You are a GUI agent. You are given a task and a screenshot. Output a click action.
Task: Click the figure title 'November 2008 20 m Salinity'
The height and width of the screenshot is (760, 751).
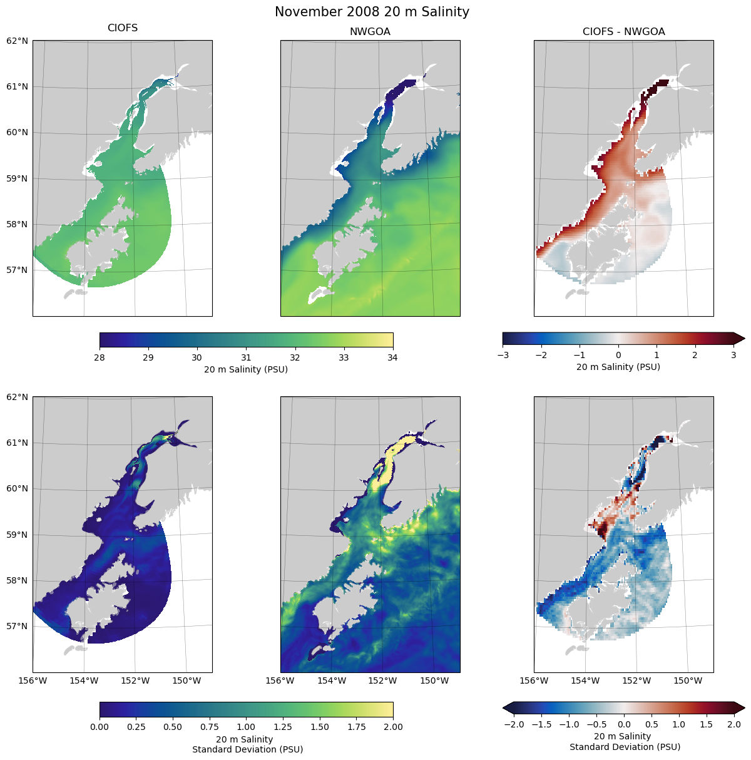click(x=372, y=12)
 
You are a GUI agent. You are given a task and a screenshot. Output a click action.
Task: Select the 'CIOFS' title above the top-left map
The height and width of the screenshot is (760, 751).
click(x=123, y=28)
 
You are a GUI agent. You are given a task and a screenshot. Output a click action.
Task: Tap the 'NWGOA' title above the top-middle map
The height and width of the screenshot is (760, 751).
click(x=370, y=32)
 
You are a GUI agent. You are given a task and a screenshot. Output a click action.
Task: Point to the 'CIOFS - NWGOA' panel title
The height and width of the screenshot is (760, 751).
click(x=623, y=32)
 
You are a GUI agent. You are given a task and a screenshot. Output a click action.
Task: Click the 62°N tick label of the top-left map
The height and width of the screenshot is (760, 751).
click(x=17, y=41)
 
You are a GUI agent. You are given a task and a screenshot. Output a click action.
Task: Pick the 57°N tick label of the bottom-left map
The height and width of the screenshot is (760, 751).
click(x=17, y=626)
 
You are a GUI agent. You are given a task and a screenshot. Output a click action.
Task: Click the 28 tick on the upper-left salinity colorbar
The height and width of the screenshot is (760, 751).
click(x=99, y=357)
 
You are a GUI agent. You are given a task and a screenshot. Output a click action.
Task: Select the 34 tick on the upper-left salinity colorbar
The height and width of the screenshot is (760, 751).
click(x=393, y=357)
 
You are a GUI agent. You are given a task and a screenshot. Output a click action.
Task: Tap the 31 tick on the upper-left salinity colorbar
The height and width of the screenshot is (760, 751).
click(x=246, y=357)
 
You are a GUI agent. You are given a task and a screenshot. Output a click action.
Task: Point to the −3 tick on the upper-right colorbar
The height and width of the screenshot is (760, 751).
click(x=502, y=355)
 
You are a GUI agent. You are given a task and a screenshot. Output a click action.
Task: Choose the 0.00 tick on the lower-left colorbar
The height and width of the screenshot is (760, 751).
click(x=99, y=727)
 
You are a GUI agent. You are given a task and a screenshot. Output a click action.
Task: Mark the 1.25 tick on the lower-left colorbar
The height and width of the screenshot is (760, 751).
click(x=283, y=727)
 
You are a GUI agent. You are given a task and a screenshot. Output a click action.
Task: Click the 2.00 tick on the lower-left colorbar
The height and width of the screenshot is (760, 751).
click(x=393, y=727)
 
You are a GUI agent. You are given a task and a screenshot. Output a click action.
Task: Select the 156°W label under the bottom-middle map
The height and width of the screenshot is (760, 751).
click(x=280, y=680)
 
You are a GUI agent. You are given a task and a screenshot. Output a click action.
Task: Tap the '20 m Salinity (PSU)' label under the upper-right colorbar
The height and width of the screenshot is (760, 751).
click(x=618, y=367)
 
